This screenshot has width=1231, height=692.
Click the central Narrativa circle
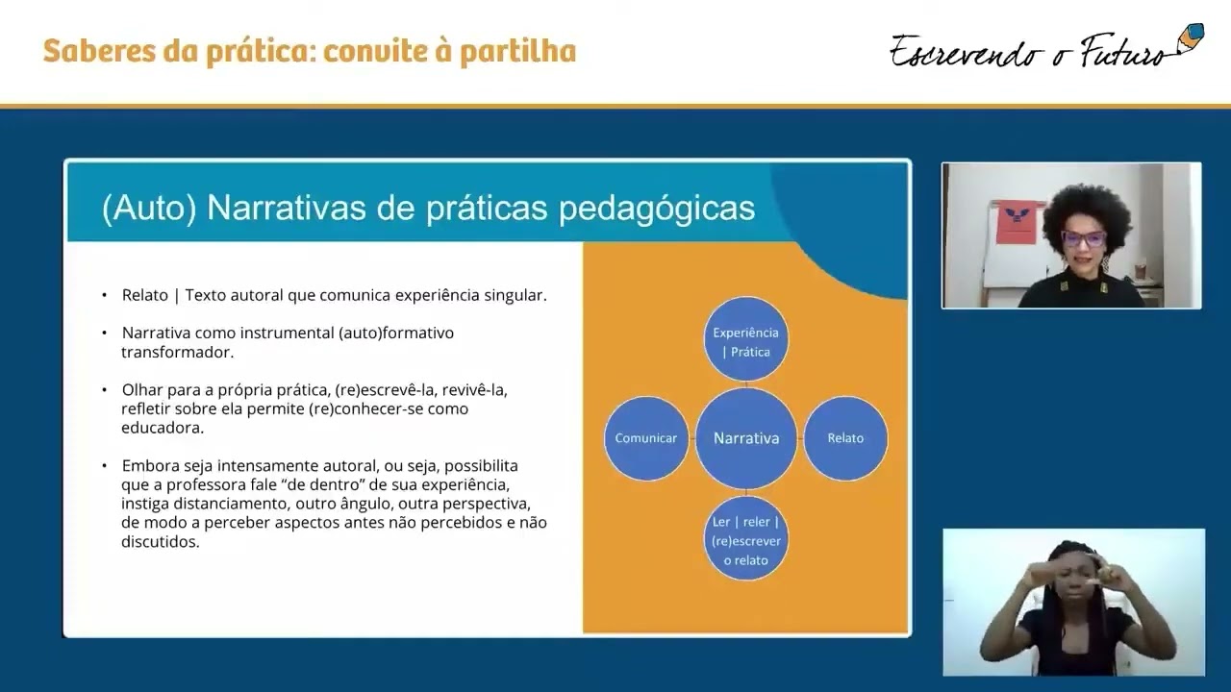click(746, 438)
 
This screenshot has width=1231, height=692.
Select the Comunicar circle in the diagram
click(646, 438)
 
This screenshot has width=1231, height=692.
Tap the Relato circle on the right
click(845, 438)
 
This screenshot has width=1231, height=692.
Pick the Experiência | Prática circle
click(746, 341)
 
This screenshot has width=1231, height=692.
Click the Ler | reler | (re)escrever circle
click(746, 540)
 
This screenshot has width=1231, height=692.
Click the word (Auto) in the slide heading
click(149, 209)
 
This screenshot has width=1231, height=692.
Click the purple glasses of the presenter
click(1083, 238)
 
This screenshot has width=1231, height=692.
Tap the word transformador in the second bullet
click(177, 353)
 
